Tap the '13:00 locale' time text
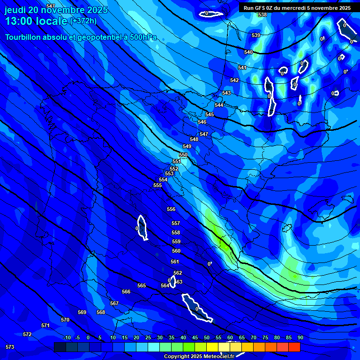(36, 22)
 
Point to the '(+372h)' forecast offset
(83, 21)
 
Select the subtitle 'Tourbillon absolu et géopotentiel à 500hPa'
(81, 37)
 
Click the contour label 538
(262, 15)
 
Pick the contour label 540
(248, 52)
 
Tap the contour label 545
(210, 114)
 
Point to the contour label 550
(183, 155)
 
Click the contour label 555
(157, 185)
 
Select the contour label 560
(176, 251)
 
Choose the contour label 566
(126, 292)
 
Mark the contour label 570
(65, 320)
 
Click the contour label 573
(10, 347)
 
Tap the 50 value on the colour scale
(207, 338)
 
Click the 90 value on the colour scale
(300, 338)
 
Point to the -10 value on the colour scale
(67, 338)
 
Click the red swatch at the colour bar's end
(294, 347)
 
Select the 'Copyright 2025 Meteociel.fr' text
(199, 357)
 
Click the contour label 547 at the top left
(51, 6)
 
